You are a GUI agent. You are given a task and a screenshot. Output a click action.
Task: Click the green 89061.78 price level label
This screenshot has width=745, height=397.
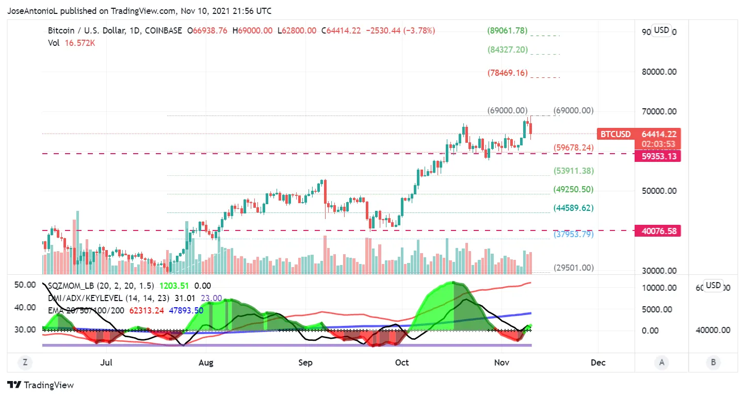click(x=507, y=31)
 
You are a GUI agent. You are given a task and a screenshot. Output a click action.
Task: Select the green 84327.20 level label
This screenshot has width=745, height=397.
click(x=507, y=50)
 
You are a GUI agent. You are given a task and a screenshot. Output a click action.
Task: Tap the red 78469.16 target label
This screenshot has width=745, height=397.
click(x=507, y=73)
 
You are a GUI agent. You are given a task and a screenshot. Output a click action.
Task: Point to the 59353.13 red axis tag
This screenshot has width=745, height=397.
click(x=657, y=156)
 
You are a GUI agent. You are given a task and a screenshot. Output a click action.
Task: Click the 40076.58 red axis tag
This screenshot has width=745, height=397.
click(x=657, y=231)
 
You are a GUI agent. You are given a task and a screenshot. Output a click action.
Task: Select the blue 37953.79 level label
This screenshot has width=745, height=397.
click(x=573, y=235)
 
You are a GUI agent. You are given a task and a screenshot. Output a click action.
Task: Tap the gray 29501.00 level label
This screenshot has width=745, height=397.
click(x=573, y=268)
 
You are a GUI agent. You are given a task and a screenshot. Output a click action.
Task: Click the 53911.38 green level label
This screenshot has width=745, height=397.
click(x=573, y=171)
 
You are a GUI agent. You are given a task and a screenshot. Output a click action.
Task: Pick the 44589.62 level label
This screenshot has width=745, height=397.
click(x=573, y=208)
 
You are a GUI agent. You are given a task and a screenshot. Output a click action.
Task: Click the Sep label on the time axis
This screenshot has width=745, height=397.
click(x=305, y=362)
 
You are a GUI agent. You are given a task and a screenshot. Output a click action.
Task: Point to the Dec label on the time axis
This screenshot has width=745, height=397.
click(x=598, y=362)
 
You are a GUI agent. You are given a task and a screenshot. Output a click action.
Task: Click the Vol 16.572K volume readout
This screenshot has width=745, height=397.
click(x=72, y=43)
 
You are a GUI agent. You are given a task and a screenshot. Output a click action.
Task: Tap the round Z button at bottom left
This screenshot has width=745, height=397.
click(x=24, y=362)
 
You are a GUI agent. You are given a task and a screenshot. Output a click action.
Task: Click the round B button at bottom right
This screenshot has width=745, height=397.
click(x=713, y=362)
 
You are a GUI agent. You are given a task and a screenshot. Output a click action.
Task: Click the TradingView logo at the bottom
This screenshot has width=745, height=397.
click(x=41, y=385)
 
